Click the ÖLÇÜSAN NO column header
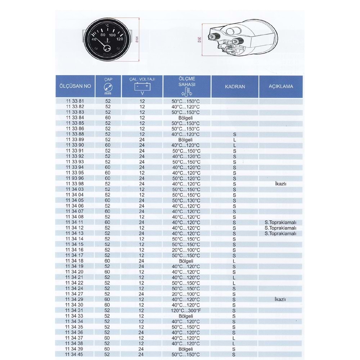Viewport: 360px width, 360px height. pos(75,86)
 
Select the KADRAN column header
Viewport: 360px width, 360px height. pos(235,86)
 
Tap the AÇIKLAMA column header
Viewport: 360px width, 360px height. pos(280,86)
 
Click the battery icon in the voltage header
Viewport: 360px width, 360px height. pos(142,87)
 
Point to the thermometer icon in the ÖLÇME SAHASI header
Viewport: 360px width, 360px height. pos(186,92)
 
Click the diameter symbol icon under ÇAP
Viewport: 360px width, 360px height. pos(108,87)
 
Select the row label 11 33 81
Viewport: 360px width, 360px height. pos(75,101)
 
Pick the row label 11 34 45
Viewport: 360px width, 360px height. pos(75,354)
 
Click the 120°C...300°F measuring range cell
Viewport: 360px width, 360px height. pos(186,310)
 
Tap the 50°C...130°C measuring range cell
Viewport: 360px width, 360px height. pos(186,201)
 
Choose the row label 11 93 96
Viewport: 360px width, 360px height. pos(75,178)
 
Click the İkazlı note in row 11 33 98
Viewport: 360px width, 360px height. pos(280,184)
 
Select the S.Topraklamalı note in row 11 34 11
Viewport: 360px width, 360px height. pos(280,222)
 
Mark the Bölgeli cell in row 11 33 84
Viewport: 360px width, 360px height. pos(186,118)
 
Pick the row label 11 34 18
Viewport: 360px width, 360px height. pos(75,261)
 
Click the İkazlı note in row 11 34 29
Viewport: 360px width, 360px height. pos(280,300)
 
